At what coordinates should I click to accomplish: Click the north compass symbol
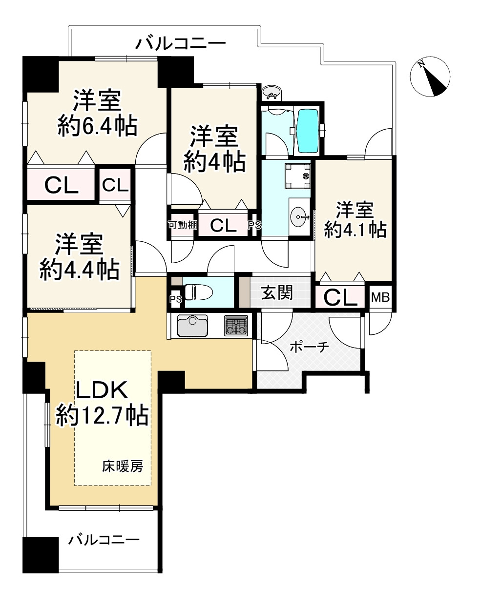click(430, 77)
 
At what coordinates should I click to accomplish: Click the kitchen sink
click(192, 326)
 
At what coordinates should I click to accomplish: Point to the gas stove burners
click(236, 325)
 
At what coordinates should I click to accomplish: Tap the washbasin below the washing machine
click(299, 215)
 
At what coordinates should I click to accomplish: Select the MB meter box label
click(380, 297)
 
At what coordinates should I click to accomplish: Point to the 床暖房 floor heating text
click(123, 466)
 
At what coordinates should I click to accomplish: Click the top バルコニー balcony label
click(180, 44)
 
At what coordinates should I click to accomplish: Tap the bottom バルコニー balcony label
click(104, 540)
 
